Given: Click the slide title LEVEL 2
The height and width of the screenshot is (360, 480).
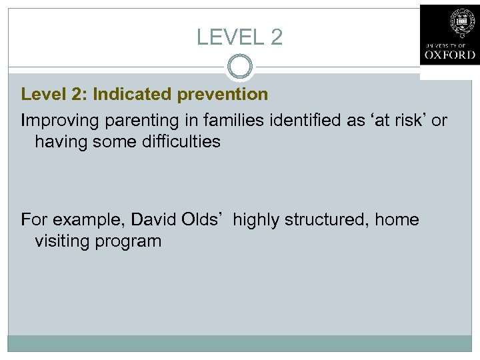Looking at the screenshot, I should [x=239, y=37].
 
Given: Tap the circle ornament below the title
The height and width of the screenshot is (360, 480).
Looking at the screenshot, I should [x=239, y=67].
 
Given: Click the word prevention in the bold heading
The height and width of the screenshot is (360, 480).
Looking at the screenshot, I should [x=223, y=95].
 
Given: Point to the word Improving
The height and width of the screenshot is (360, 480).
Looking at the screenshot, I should [x=55, y=121].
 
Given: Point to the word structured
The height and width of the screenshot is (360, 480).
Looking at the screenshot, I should [x=323, y=219].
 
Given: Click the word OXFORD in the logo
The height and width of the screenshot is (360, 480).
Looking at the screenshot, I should [x=449, y=55].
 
